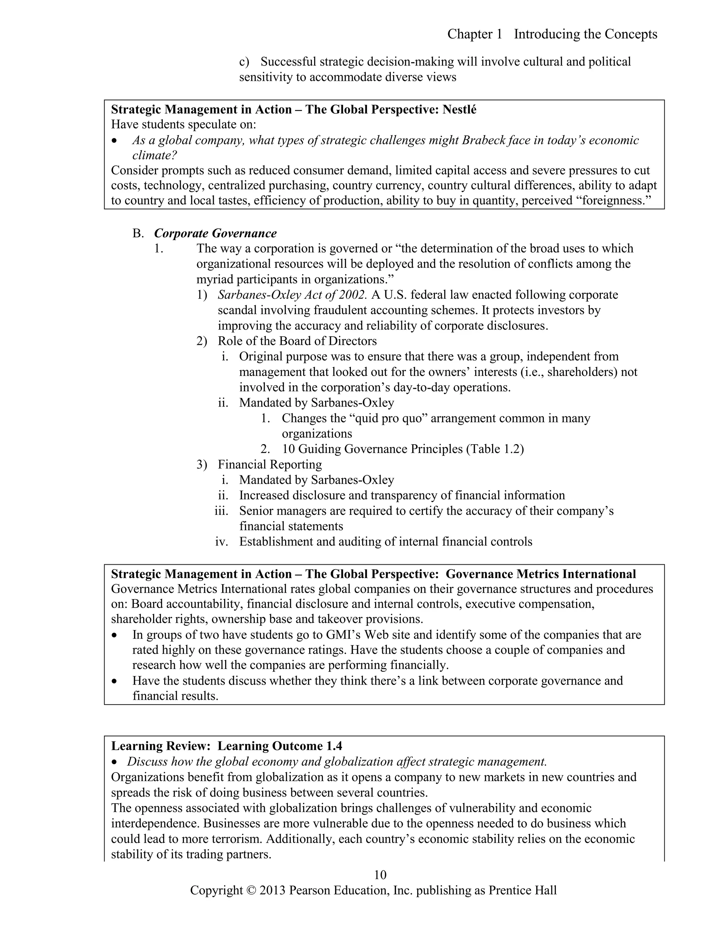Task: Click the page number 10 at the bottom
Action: point(380,875)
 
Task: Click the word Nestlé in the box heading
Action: point(459,110)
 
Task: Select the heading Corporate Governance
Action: point(215,233)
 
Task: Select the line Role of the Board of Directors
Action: point(297,341)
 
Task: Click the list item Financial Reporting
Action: point(270,464)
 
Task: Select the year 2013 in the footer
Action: point(272,890)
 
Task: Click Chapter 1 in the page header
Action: point(474,34)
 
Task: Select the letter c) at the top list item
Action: point(244,62)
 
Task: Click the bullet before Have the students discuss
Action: point(114,681)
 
